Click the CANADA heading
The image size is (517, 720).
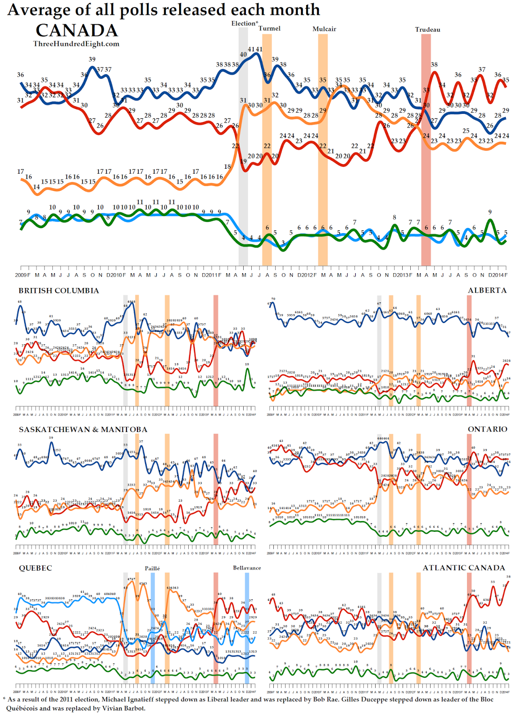77,31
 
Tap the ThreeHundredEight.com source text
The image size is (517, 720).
76,44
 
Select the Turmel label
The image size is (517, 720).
269,28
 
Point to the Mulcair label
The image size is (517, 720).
324,29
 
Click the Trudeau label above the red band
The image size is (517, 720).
427,30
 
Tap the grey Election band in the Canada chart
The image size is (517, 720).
243,148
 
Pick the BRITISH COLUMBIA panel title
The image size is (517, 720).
59,291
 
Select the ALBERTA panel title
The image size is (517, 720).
487,291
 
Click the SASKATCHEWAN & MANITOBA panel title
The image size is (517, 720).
83,429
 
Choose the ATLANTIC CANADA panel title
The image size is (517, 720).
464,568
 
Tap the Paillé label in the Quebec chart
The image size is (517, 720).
152,568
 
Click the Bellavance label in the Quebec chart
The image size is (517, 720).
247,568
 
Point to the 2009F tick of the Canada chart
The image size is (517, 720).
23,275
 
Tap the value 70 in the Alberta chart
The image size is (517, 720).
273,299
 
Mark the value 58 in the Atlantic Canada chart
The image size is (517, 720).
508,576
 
